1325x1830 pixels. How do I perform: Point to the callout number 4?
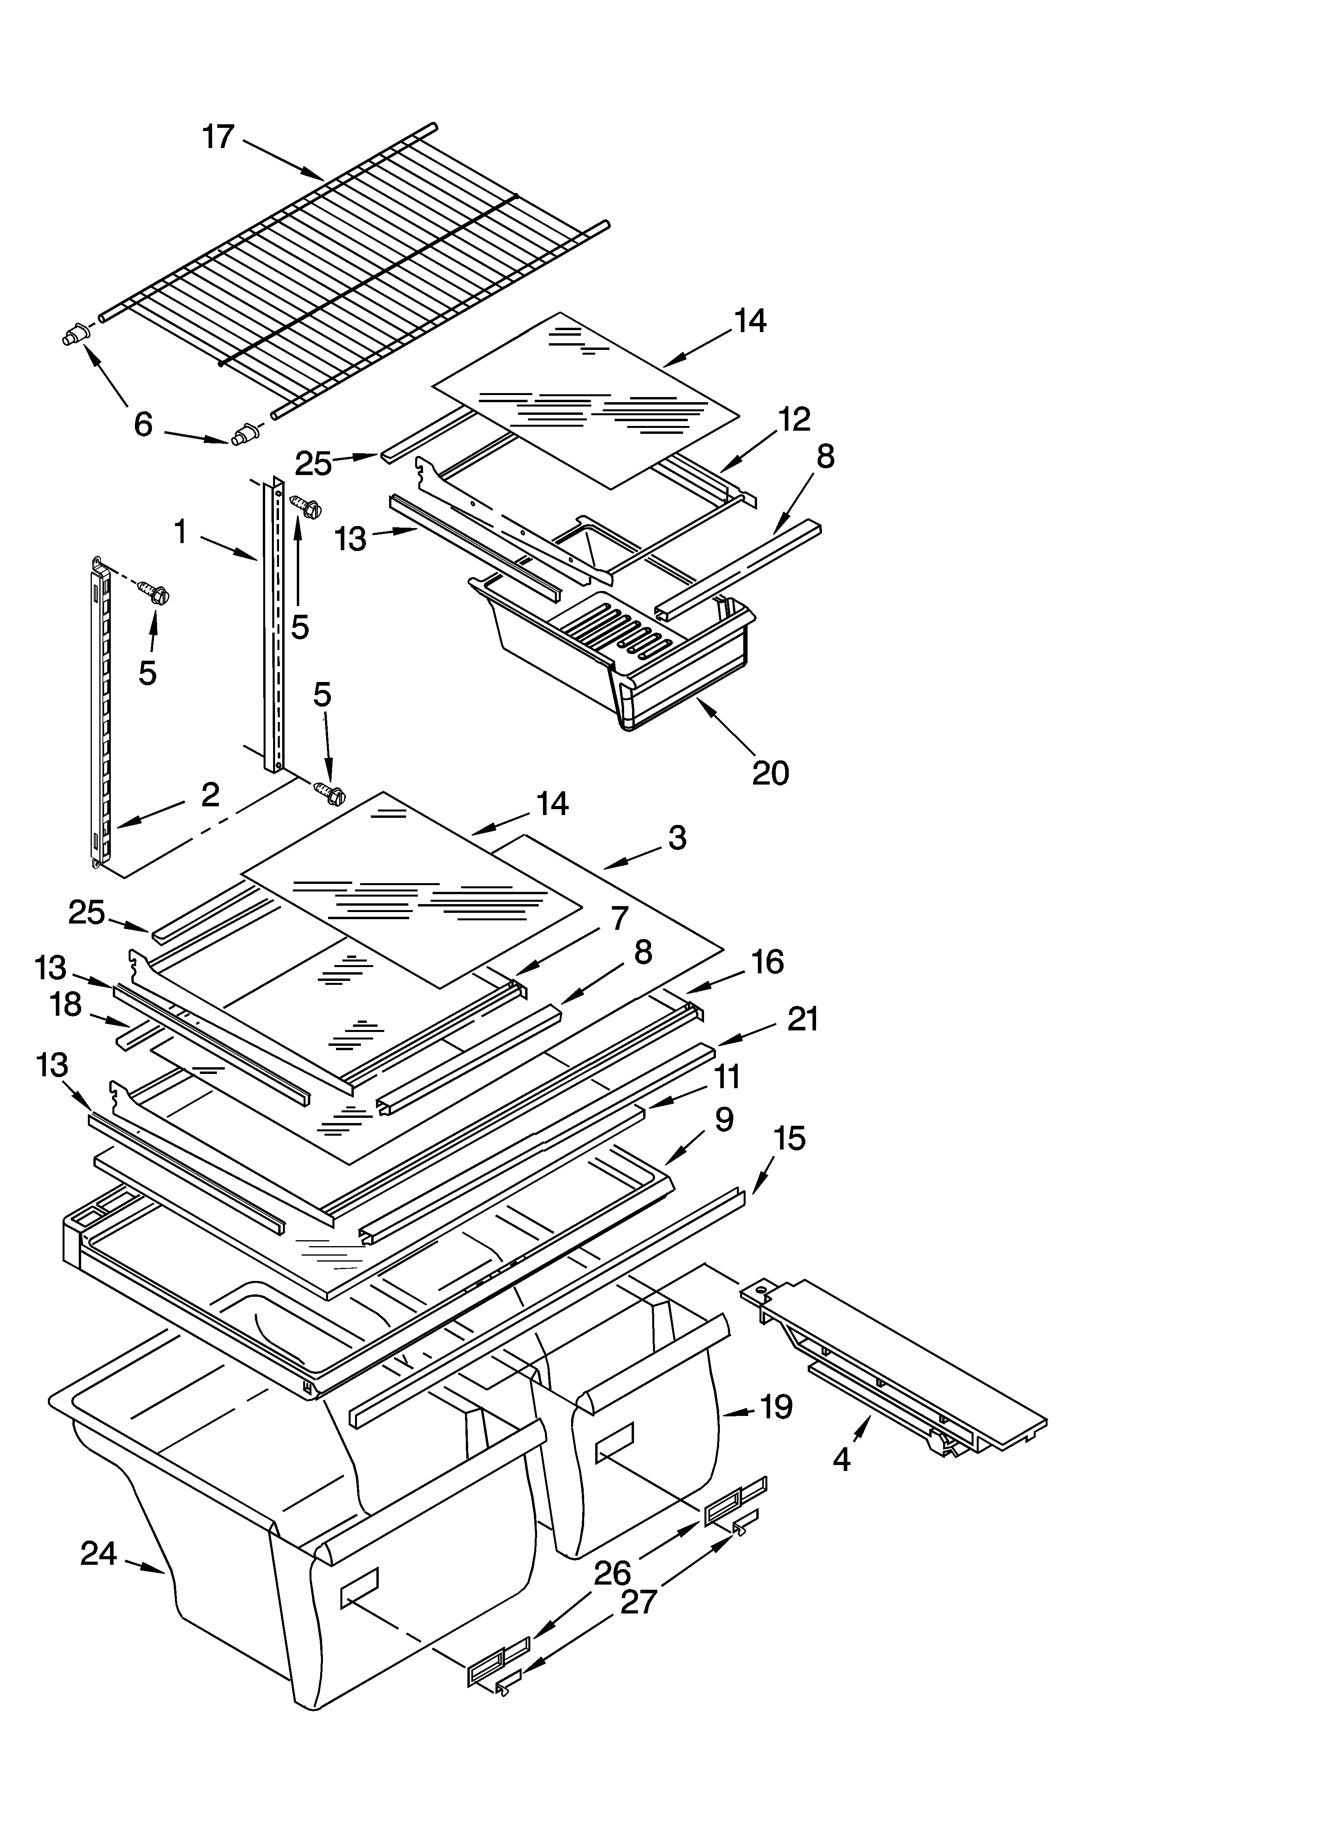pyautogui.click(x=842, y=1459)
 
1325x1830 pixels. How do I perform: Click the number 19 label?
pyautogui.click(x=776, y=1407)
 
